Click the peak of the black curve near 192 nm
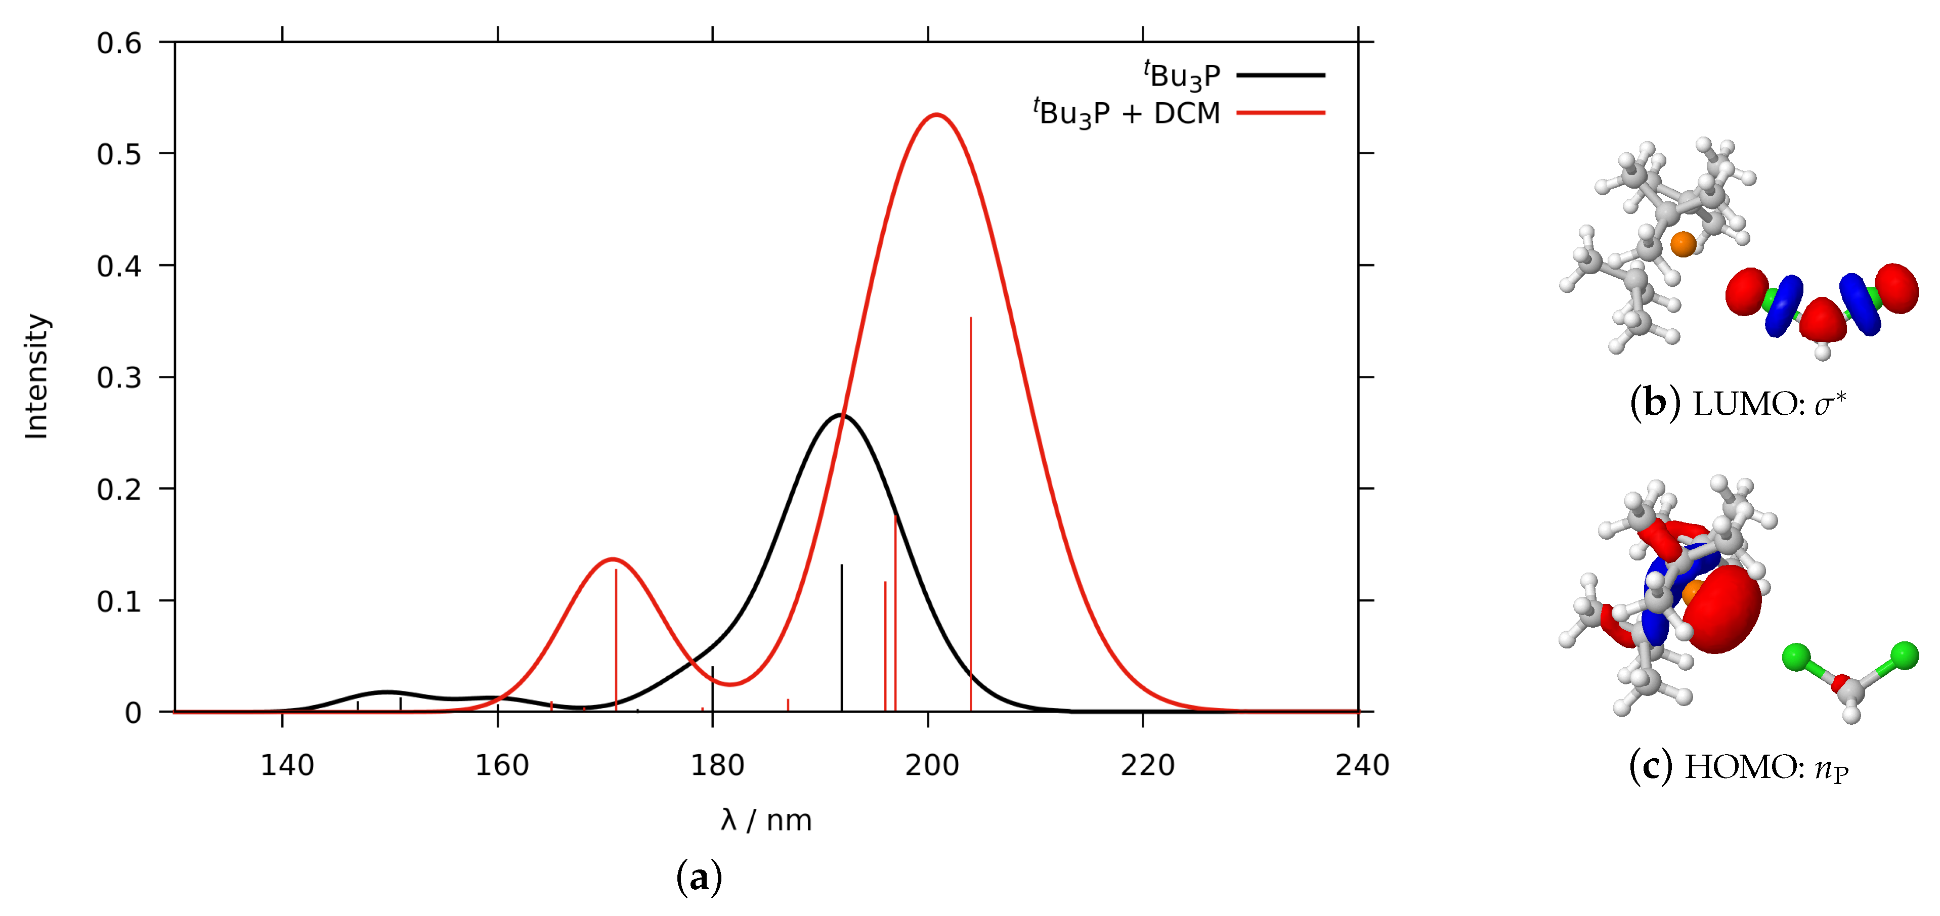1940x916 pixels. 840,415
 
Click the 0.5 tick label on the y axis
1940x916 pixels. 119,154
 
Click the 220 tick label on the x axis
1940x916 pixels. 1147,765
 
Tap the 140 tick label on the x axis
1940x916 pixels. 287,765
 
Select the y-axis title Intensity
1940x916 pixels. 36,377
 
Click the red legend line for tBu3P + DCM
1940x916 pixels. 1280,113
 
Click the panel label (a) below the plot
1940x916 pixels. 699,878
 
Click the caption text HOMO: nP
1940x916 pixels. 1766,768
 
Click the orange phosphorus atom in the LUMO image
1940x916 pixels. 1683,244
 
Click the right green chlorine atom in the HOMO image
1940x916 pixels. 1905,656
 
